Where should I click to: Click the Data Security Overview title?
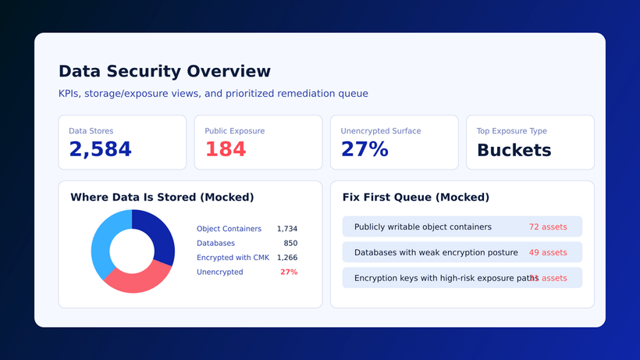click(165, 72)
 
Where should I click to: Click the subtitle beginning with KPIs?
click(213, 94)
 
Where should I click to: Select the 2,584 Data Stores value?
click(100, 150)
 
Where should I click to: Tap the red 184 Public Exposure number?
click(226, 150)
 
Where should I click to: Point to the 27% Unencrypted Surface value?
click(364, 150)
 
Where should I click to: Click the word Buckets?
click(514, 151)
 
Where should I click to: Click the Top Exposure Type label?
click(511, 131)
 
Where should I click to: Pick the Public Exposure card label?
click(234, 131)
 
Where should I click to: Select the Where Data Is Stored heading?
click(162, 198)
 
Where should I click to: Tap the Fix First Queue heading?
click(415, 198)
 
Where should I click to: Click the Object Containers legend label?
click(229, 229)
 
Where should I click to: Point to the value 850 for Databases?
click(290, 244)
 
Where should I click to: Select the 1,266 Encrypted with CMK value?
click(286, 258)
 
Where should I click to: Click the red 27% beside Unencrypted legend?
click(289, 272)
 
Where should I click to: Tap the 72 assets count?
click(548, 227)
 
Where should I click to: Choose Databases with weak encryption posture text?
click(436, 253)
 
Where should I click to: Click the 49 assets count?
click(548, 253)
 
